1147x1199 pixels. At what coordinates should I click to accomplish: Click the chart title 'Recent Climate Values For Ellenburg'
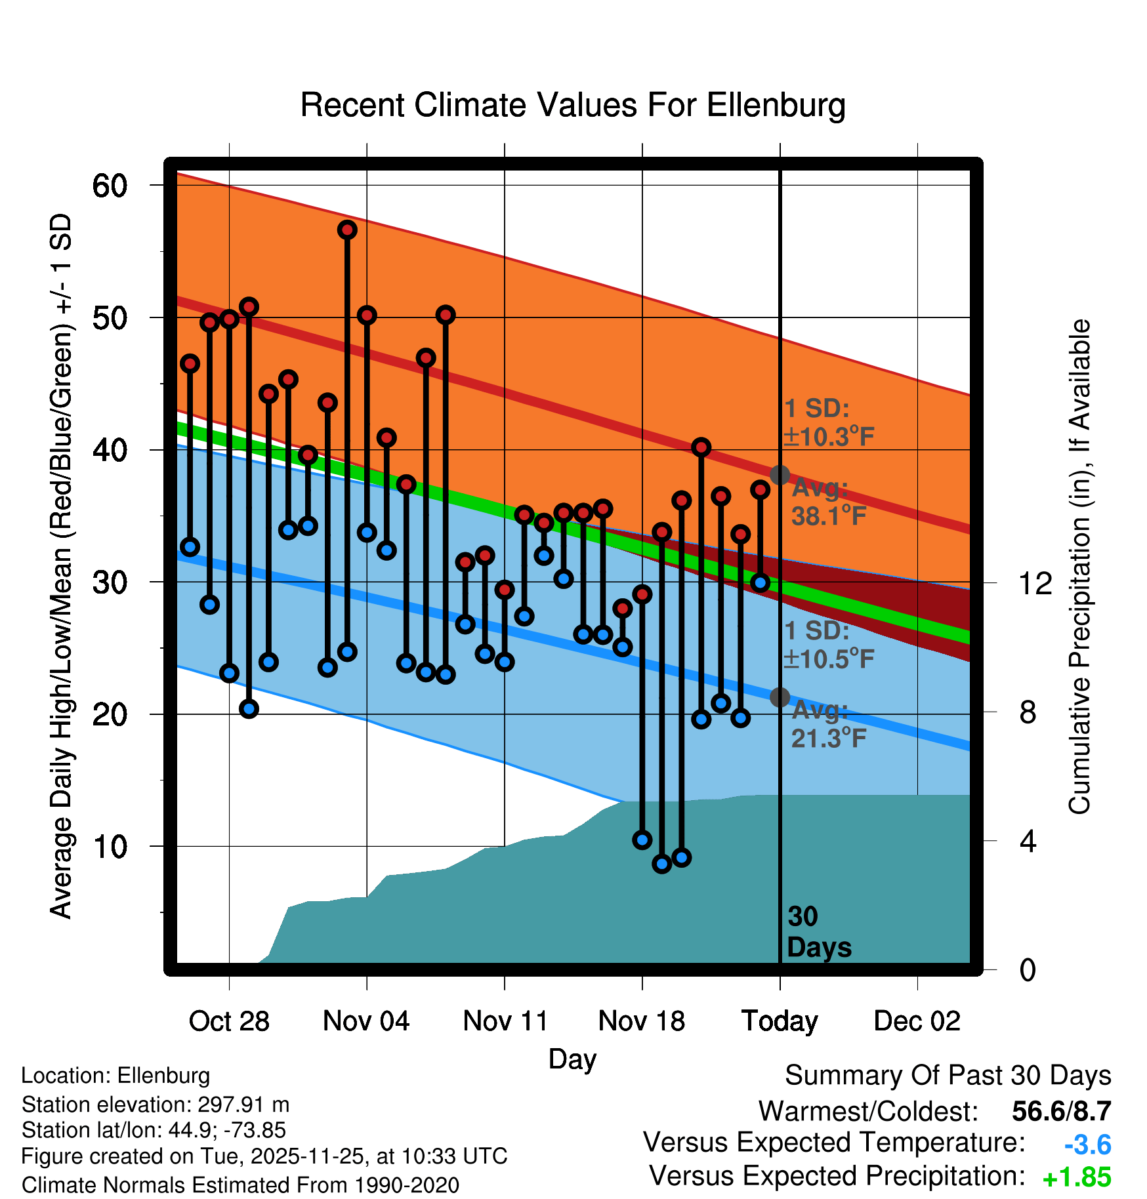tap(572, 105)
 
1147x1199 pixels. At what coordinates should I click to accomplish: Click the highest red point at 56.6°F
tap(347, 230)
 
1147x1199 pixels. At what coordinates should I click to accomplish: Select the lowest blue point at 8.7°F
tap(661, 864)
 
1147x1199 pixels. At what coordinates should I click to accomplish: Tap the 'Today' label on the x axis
tap(780, 1021)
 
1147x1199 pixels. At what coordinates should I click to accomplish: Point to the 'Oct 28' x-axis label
tap(229, 1021)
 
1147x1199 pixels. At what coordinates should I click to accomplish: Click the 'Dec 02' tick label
tap(917, 1021)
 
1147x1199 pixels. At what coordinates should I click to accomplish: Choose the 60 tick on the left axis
tap(110, 186)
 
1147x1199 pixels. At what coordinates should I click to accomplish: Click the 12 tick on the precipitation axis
tap(1035, 582)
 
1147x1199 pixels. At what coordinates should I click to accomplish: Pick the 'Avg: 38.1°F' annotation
tap(828, 502)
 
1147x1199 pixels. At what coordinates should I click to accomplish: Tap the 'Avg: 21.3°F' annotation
tap(828, 724)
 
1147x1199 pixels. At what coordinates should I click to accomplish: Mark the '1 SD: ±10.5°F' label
tap(828, 645)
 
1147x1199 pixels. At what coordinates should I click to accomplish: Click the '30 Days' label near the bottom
tap(818, 932)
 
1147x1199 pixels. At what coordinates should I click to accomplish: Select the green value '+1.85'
tap(1076, 1177)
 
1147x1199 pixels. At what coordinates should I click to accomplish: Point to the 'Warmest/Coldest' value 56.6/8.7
tap(1061, 1111)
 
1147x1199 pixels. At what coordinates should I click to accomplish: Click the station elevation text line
tap(155, 1105)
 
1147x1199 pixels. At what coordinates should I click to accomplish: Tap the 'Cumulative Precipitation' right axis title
tap(1079, 567)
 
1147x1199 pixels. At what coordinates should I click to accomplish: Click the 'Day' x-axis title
tap(572, 1059)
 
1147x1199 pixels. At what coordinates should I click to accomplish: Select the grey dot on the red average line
tap(780, 475)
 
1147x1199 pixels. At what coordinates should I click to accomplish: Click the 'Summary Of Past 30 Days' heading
tap(948, 1076)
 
